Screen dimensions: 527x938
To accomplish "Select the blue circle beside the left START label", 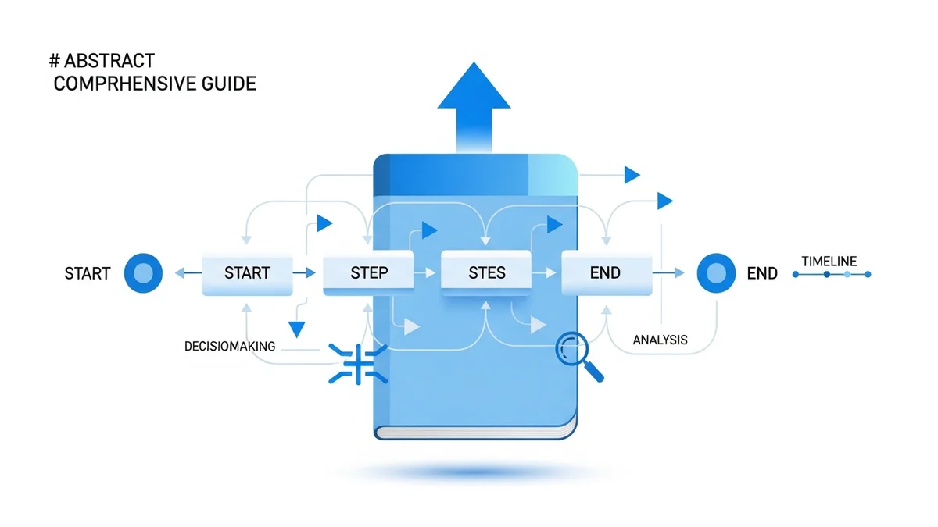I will (x=143, y=273).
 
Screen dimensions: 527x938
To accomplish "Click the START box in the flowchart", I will (x=247, y=273).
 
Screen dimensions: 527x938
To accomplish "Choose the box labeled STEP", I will (x=367, y=273).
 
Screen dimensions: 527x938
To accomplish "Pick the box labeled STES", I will (x=485, y=272).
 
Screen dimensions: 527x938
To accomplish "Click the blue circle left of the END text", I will (x=716, y=273).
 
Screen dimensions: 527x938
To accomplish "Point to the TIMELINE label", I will (x=829, y=262).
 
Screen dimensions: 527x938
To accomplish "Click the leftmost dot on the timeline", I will (x=796, y=275).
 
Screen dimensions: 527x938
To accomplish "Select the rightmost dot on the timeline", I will (x=868, y=275).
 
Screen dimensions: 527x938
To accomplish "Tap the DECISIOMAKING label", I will (x=230, y=346).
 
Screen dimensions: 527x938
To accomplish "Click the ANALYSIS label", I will (x=660, y=340).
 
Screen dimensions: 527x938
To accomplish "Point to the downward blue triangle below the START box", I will (x=296, y=328).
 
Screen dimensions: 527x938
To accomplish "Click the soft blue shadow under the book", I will (x=475, y=472).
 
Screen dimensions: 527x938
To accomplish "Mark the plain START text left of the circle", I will (x=87, y=274).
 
